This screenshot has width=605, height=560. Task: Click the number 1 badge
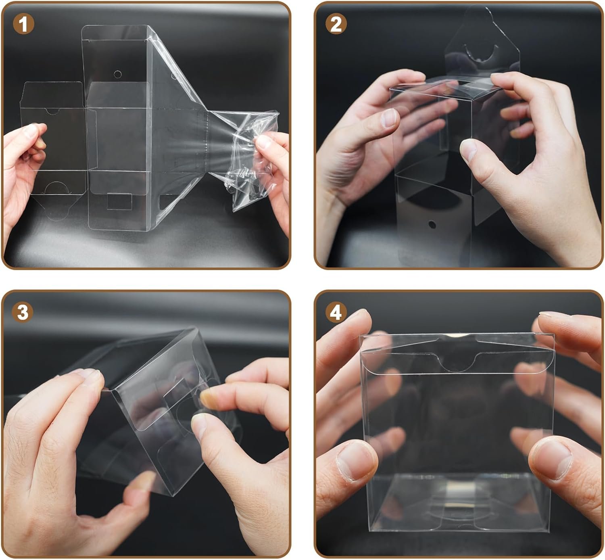[23, 24]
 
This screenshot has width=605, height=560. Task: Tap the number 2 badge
[336, 24]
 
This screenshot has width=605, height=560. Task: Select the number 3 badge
[23, 312]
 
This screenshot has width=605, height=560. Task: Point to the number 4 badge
[336, 312]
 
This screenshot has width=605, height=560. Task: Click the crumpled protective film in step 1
[244, 159]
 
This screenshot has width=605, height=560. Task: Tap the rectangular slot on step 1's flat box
[119, 201]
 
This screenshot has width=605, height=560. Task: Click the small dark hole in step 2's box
[432, 225]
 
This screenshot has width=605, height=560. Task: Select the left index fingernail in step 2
[389, 118]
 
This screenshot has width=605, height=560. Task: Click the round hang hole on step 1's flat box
[118, 74]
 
